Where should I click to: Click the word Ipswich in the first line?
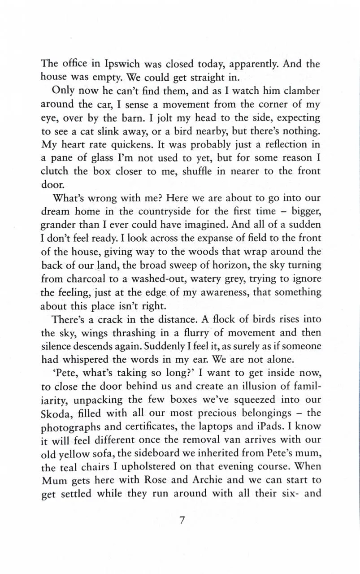click(118, 64)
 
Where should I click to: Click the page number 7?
click(182, 521)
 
